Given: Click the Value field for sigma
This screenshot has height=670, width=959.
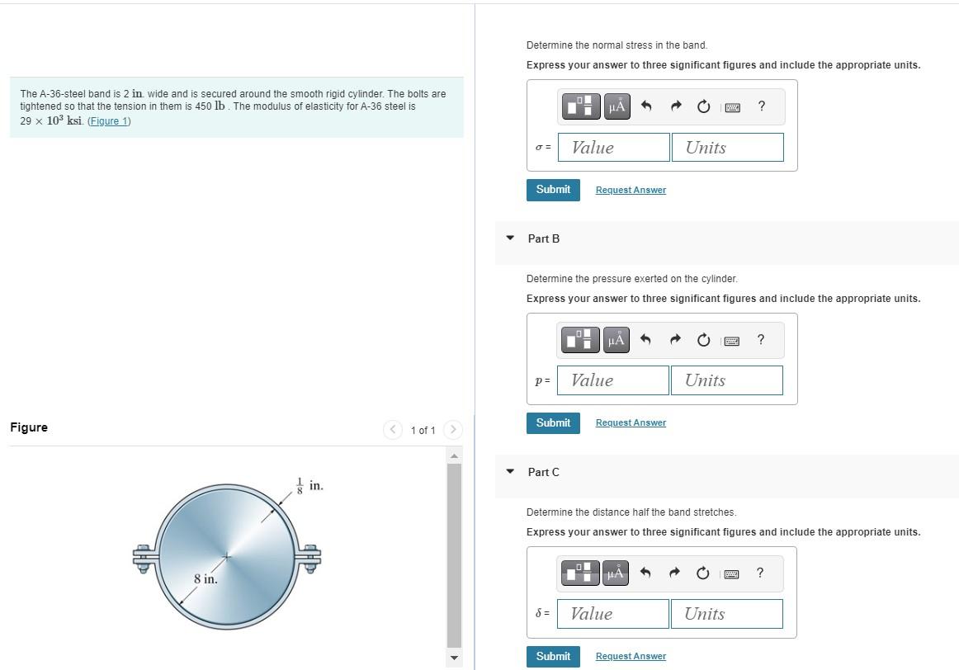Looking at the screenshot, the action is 613,148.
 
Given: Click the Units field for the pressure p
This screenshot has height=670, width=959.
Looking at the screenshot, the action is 726,380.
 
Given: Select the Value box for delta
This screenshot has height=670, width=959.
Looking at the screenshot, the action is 613,614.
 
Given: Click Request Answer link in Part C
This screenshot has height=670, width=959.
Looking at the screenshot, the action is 631,656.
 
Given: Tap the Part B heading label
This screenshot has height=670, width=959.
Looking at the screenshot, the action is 544,238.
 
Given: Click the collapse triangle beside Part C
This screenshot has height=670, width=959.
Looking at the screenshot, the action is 510,471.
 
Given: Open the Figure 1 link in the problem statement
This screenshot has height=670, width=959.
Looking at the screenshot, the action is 109,121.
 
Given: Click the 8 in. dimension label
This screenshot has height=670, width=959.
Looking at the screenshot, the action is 205,579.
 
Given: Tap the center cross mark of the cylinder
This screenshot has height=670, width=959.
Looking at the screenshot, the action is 227,556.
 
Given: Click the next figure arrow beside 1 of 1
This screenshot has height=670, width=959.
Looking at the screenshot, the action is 452,430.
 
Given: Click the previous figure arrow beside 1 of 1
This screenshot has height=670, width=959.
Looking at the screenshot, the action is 393,430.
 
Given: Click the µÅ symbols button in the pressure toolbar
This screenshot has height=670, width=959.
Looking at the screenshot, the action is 616,339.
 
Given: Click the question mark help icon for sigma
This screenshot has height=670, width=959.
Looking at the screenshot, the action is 762,106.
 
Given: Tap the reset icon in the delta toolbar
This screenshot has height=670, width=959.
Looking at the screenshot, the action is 702,573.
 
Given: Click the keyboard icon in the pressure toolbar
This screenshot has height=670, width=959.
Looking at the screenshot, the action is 731,341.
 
